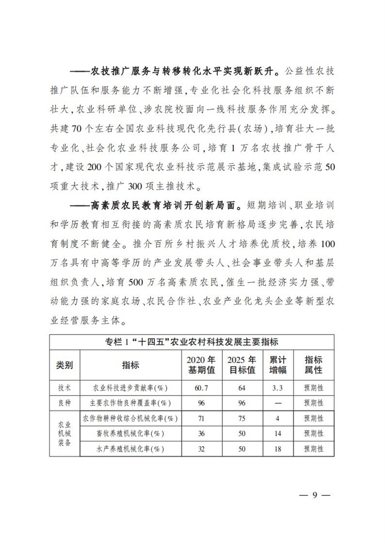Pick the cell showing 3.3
click(x=278, y=387)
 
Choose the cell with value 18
click(x=278, y=449)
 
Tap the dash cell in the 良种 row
click(x=278, y=403)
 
